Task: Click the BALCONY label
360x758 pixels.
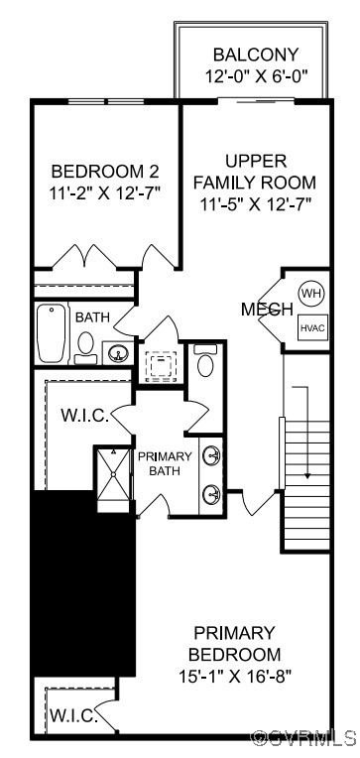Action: pyautogui.click(x=255, y=56)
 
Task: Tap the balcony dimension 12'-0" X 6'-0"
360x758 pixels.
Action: pyautogui.click(x=255, y=75)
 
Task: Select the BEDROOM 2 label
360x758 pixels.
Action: pyautogui.click(x=105, y=170)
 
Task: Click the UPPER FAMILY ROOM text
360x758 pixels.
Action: pyautogui.click(x=255, y=171)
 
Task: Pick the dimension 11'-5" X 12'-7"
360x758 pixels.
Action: pyautogui.click(x=255, y=204)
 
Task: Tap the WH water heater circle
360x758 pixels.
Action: pyautogui.click(x=311, y=294)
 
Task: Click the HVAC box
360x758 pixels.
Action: pyautogui.click(x=311, y=327)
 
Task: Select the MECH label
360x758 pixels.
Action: pyautogui.click(x=267, y=310)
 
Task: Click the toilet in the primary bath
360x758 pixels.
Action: pyautogui.click(x=205, y=361)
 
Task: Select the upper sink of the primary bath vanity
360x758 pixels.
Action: pyautogui.click(x=212, y=456)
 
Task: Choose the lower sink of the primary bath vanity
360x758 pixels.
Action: pyautogui.click(x=212, y=493)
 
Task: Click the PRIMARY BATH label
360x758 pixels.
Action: pyautogui.click(x=165, y=463)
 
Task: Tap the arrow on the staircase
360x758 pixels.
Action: pyautogui.click(x=307, y=437)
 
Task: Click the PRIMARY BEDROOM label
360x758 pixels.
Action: pyautogui.click(x=234, y=644)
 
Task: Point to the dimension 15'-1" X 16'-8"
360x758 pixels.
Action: pyautogui.click(x=234, y=678)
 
